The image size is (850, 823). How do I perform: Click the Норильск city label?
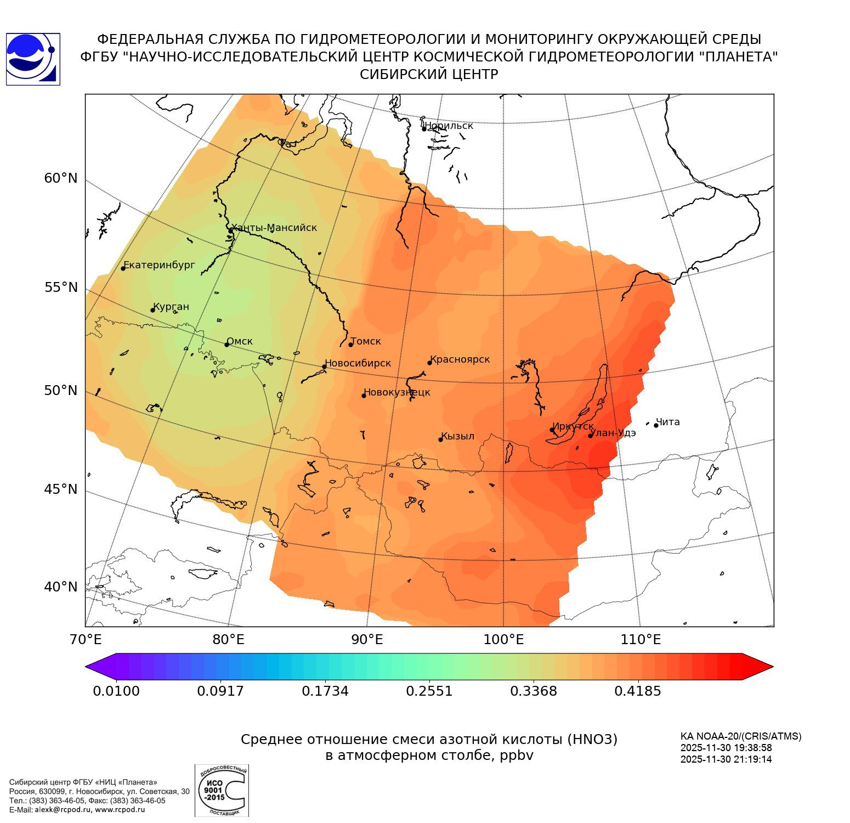tap(448, 126)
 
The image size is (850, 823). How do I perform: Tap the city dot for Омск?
tap(226, 345)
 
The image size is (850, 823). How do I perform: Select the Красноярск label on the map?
tap(460, 360)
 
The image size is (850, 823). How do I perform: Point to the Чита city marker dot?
tap(656, 425)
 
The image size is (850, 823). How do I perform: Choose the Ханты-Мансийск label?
tap(274, 228)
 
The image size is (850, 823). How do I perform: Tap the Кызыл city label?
tap(458, 436)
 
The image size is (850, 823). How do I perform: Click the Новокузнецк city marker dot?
tap(364, 396)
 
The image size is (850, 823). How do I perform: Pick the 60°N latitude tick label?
tap(61, 178)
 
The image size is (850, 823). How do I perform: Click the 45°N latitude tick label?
tap(61, 489)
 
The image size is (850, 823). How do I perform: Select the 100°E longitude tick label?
tap(504, 640)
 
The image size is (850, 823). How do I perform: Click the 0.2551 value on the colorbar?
tap(429, 691)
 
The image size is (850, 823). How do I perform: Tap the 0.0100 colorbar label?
tap(116, 691)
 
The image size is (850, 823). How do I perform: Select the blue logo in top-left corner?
tap(33, 59)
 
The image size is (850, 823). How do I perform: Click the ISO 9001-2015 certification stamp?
tap(222, 790)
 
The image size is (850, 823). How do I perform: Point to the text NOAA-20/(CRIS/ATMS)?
tap(741, 736)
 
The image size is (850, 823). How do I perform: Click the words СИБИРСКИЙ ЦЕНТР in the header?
tap(429, 75)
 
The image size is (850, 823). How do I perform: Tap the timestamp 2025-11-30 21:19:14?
tap(726, 759)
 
